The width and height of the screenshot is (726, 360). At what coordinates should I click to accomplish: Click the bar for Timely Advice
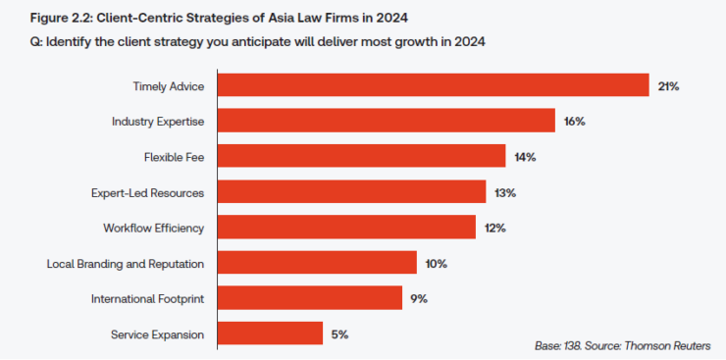433,85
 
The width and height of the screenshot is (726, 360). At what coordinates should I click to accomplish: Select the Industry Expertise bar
387,121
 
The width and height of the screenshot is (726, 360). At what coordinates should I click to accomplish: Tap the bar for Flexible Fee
361,156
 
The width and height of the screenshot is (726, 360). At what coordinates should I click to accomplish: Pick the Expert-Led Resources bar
351,191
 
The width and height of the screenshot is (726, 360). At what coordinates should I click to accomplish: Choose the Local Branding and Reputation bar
317,263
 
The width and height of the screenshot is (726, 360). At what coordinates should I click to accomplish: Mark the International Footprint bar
309,298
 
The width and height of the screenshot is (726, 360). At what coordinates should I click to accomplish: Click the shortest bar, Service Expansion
270,334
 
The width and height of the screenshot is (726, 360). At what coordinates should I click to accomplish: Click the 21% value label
669,86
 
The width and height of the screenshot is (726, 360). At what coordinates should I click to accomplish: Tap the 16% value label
575,122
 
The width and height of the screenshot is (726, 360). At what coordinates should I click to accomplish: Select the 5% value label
339,334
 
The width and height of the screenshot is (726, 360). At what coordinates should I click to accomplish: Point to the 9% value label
419,299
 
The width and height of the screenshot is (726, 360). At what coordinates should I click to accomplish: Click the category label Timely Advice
168,86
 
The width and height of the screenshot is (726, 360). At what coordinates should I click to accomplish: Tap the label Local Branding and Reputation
126,264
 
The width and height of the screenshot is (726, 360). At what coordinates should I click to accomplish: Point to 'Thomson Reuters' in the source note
673,345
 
